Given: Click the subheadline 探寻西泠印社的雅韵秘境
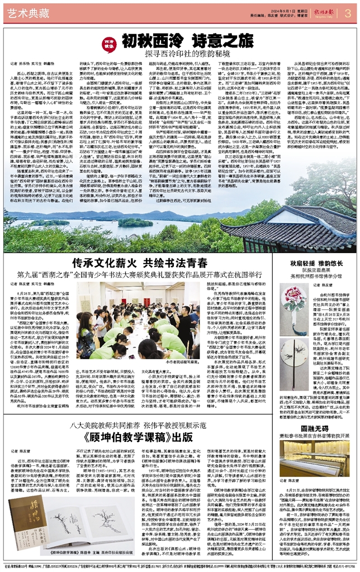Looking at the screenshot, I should coord(179,54).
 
